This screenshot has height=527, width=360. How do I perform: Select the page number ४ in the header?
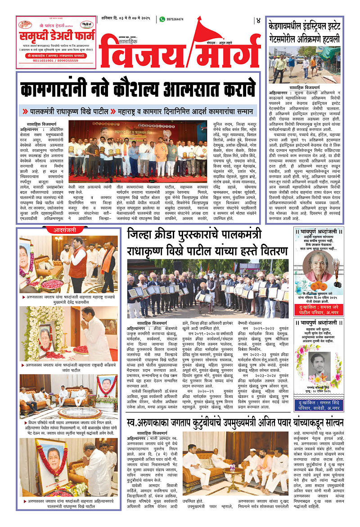[x=258, y=20]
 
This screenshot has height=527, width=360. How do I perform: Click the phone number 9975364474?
[x=175, y=19]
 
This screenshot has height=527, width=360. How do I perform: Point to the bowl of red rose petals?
[x=55, y=285]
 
